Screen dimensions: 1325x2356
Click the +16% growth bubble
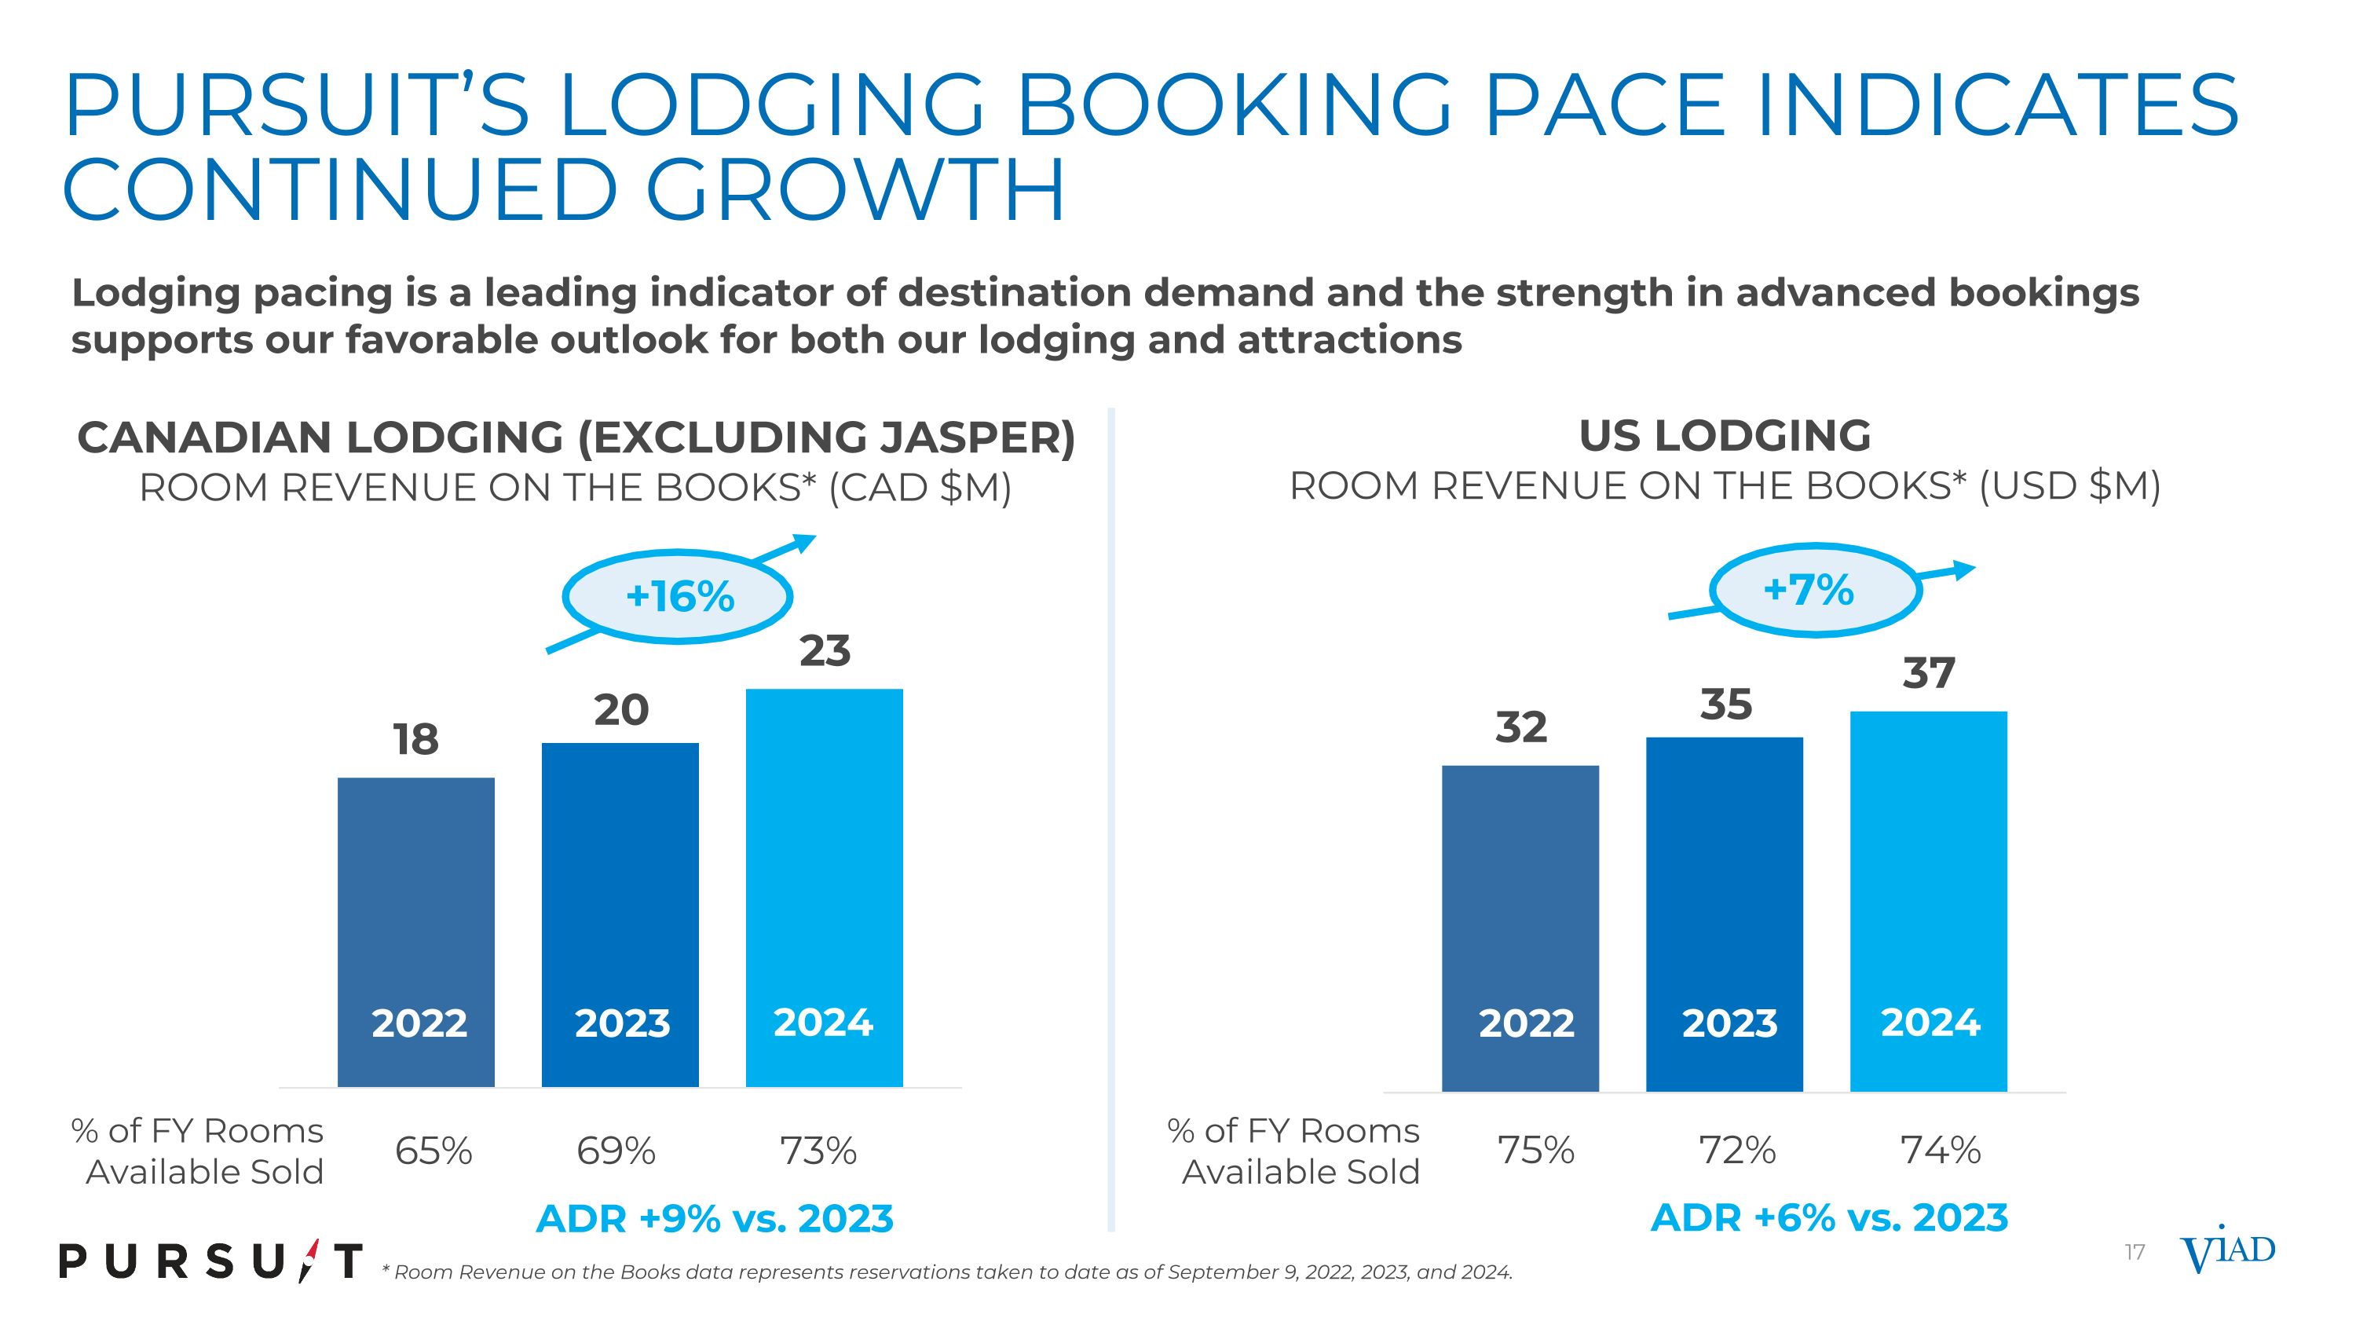click(678, 597)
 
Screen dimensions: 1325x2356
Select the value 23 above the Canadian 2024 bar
click(825, 651)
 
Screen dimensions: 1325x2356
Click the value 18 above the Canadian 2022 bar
click(416, 739)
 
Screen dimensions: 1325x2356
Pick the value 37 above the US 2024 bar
click(1929, 673)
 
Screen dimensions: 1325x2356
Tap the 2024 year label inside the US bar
click(1930, 1023)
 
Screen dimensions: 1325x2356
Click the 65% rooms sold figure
click(434, 1151)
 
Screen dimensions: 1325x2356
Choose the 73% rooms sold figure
click(818, 1151)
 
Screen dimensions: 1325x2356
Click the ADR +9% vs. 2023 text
click(715, 1219)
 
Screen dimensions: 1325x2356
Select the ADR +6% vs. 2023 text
click(1829, 1218)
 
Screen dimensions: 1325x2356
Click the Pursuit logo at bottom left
click(211, 1262)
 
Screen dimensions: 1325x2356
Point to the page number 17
click(2135, 1252)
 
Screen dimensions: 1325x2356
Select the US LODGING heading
click(1725, 435)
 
